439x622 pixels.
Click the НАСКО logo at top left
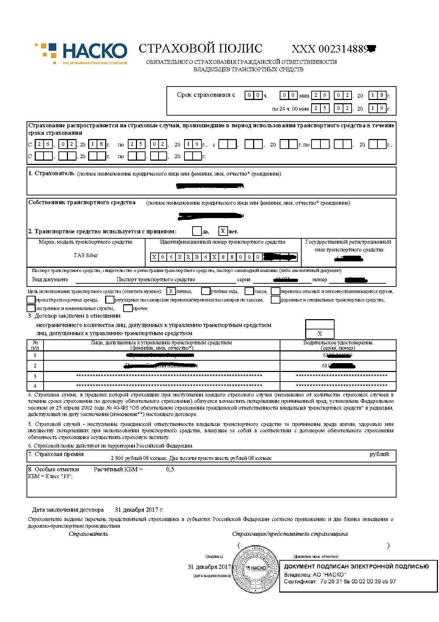pyautogui.click(x=81, y=53)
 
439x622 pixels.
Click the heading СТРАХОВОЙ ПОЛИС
pyautogui.click(x=200, y=49)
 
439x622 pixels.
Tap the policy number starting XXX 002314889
pyautogui.click(x=333, y=49)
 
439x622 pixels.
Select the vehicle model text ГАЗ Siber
pyautogui.click(x=86, y=255)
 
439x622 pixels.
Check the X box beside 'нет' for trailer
pyautogui.click(x=223, y=231)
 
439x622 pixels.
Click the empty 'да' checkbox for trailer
pyautogui.click(x=196, y=231)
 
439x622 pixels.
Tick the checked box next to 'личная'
pyautogui.click(x=171, y=291)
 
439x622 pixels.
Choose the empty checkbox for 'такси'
pyautogui.click(x=249, y=291)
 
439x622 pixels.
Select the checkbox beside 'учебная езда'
pyautogui.click(x=205, y=291)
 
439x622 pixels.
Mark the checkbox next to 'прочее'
pyautogui.click(x=128, y=308)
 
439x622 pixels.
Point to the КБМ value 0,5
pyautogui.click(x=170, y=470)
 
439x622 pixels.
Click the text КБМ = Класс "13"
pyautogui.click(x=50, y=476)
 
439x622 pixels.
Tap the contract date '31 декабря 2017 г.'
pyautogui.click(x=139, y=510)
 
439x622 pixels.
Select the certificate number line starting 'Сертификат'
pyautogui.click(x=340, y=582)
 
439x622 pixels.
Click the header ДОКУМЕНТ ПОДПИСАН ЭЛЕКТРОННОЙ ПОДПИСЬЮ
pyautogui.click(x=357, y=566)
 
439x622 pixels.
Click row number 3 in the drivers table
pyautogui.click(x=35, y=376)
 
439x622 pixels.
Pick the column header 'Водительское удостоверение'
pyautogui.click(x=338, y=343)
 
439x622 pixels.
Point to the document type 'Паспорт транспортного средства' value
pyautogui.click(x=156, y=279)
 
